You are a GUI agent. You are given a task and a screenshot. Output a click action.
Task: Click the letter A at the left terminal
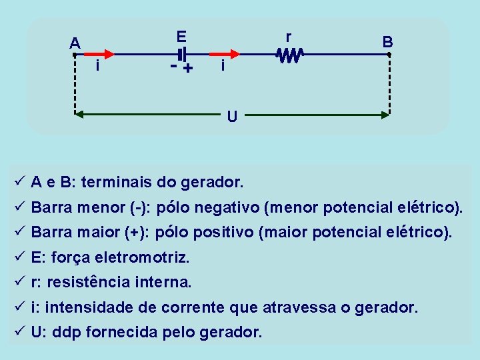(75, 43)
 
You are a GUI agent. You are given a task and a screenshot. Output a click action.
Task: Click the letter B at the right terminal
(387, 41)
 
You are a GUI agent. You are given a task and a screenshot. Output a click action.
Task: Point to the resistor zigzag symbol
(291, 55)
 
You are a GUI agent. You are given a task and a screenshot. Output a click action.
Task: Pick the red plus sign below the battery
(188, 68)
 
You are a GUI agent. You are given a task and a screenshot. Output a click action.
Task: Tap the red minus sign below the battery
(173, 67)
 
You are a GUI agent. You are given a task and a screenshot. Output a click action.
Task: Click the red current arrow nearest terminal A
(100, 54)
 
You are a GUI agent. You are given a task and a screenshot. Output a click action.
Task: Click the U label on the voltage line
(231, 117)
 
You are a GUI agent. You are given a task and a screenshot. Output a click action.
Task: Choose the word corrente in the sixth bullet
(198, 308)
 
